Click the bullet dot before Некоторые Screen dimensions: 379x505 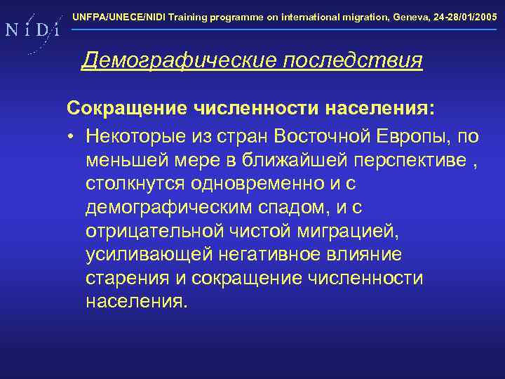(x=72, y=135)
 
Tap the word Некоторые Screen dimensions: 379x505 (x=137, y=134)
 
